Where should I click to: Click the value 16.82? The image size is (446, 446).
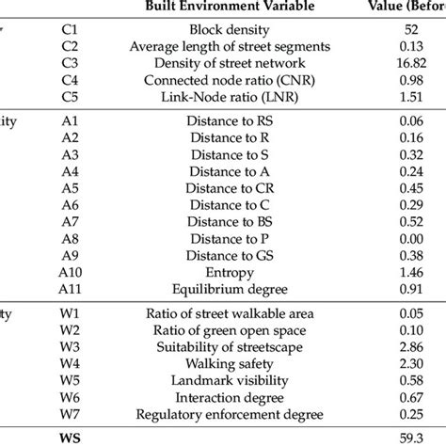[x=411, y=62]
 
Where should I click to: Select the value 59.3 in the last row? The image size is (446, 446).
[x=411, y=437]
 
